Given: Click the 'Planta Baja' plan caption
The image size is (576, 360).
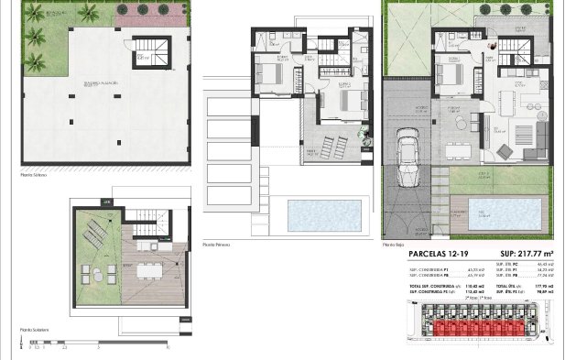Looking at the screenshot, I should pyautogui.click(x=394, y=245).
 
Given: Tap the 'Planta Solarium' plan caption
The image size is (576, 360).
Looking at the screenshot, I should pyautogui.click(x=35, y=329).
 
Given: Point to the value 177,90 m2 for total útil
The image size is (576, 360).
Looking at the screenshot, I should pyautogui.click(x=555, y=287).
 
